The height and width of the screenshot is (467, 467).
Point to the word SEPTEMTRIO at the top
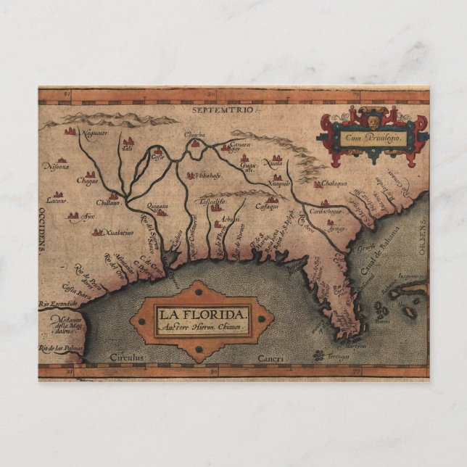click(222, 109)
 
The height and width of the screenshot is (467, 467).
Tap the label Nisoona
click(59, 166)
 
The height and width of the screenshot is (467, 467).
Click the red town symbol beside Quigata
click(161, 212)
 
